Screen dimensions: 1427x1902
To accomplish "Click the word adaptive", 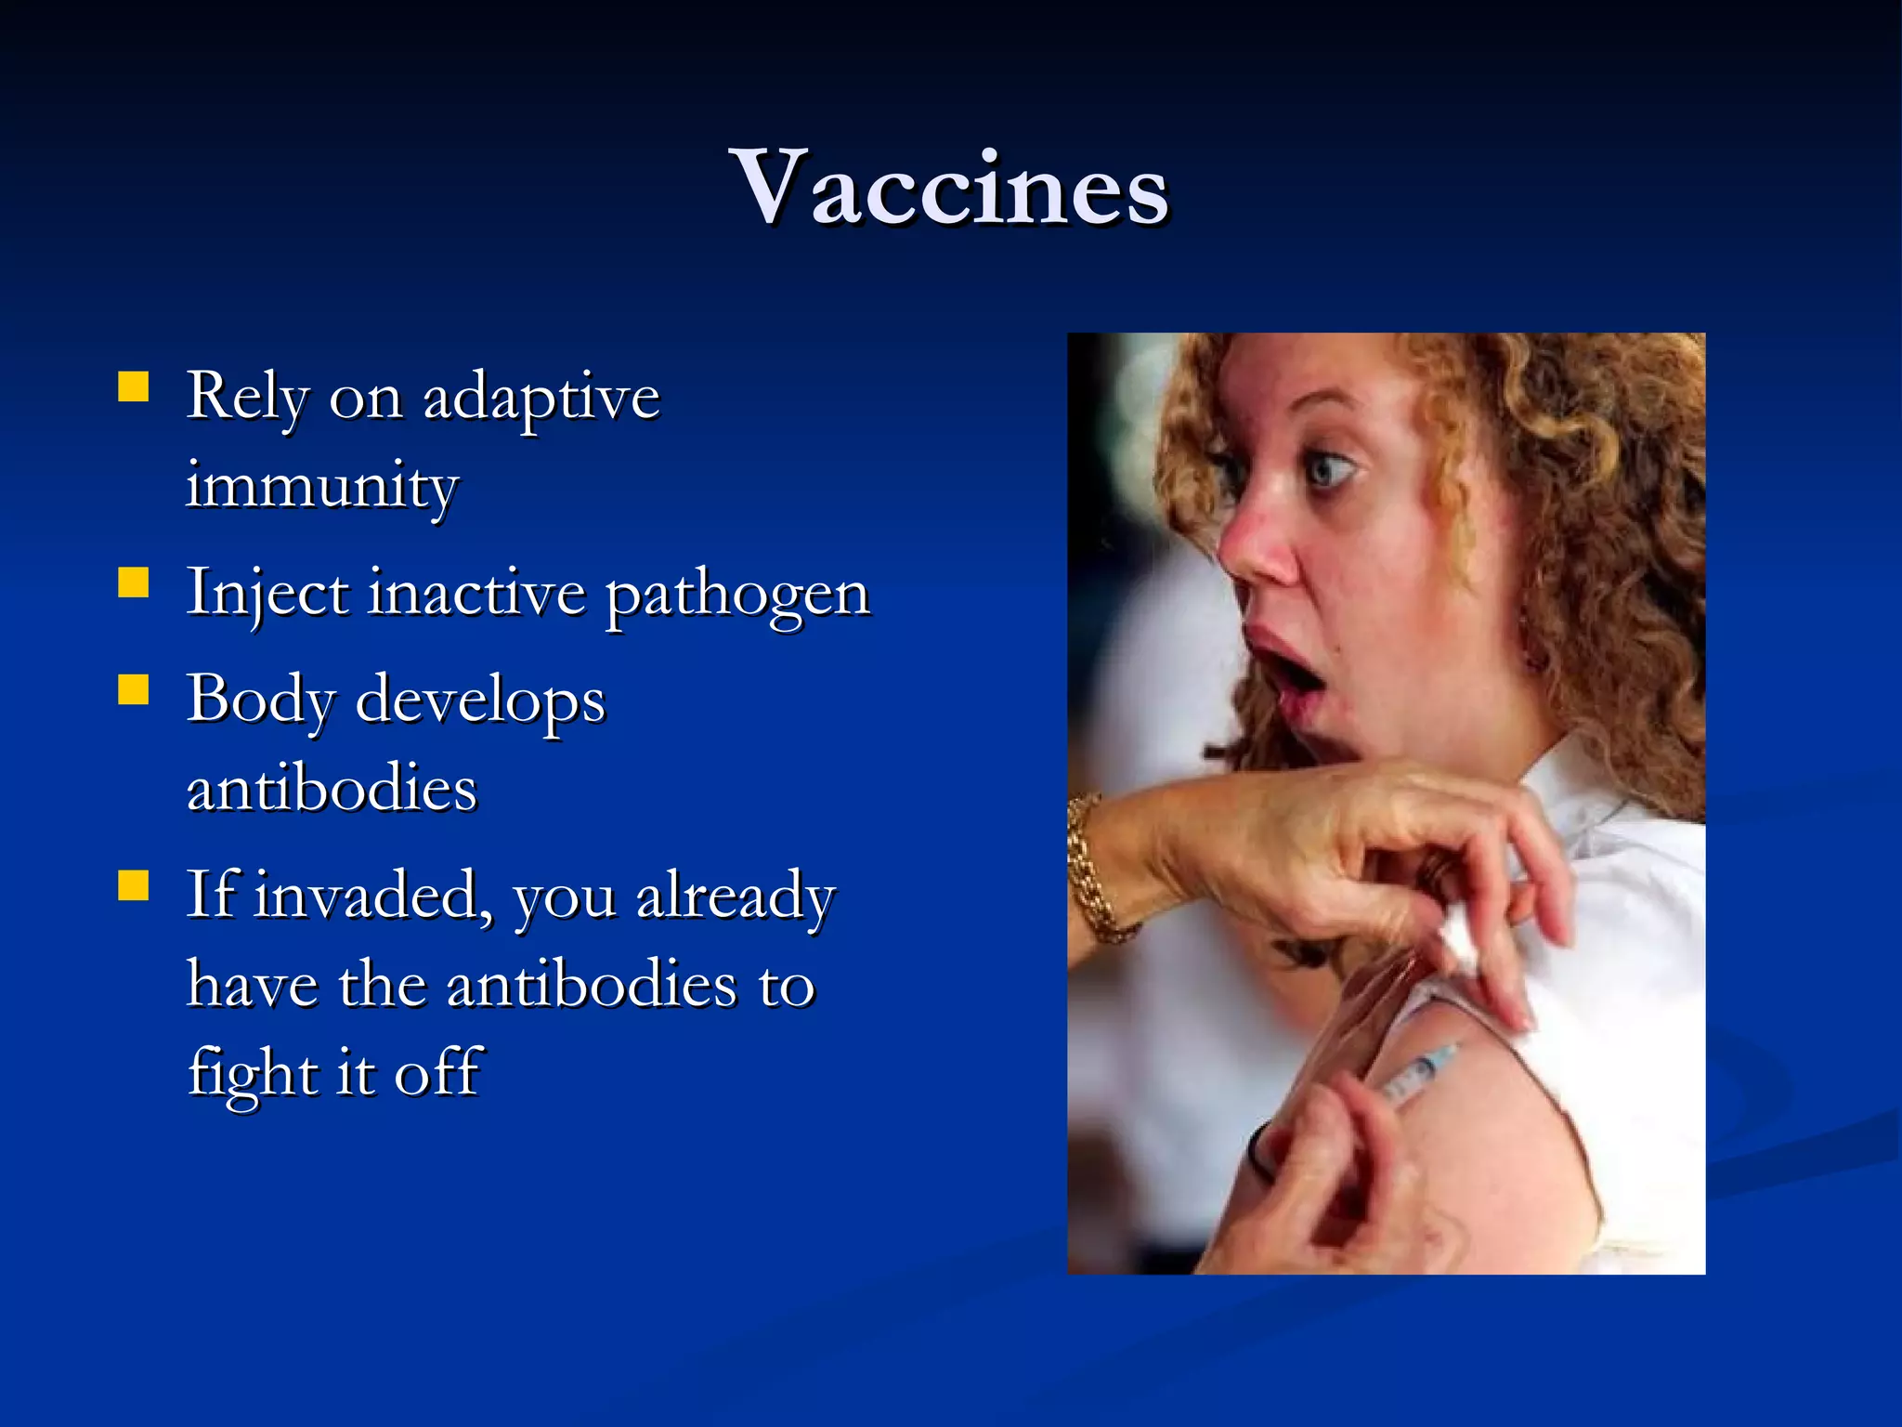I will [x=541, y=398].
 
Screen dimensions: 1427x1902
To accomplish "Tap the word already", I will [x=736, y=899].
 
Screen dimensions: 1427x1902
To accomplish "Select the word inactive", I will [x=477, y=593].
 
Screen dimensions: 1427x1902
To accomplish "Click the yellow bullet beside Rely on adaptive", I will [x=134, y=386].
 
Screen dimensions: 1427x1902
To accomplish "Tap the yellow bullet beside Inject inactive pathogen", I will [x=134, y=583].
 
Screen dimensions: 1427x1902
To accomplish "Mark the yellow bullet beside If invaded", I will [x=134, y=886].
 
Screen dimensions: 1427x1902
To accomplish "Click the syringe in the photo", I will [x=1416, y=1073].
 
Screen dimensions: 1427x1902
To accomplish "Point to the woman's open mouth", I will [x=1286, y=671].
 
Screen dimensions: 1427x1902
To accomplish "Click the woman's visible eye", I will [x=1330, y=470].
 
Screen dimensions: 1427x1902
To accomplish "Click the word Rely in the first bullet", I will [x=247, y=398].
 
